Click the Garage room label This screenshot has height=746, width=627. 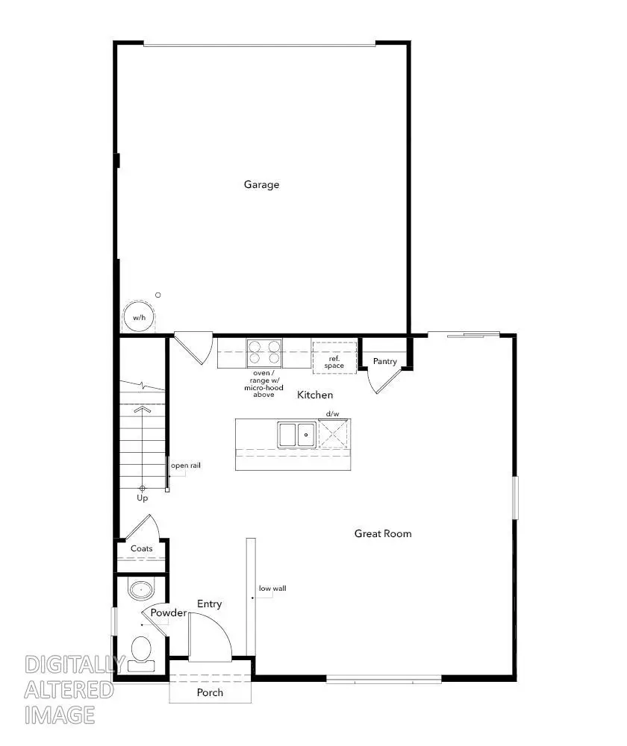click(x=261, y=184)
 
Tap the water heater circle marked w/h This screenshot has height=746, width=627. click(x=139, y=317)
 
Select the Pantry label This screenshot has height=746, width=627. click(x=385, y=362)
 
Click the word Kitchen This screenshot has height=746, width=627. click(x=315, y=395)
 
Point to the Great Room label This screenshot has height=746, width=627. click(x=383, y=533)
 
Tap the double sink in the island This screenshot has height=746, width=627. click(x=296, y=433)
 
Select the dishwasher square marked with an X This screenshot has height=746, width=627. click(x=333, y=433)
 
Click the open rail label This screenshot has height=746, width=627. click(x=186, y=466)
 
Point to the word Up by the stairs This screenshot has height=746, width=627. click(x=142, y=498)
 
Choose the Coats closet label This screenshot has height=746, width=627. click(x=142, y=548)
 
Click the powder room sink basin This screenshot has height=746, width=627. click(x=140, y=590)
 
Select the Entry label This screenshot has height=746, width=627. click(x=209, y=604)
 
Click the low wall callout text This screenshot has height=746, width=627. click(x=272, y=588)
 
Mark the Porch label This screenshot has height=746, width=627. click(x=210, y=692)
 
